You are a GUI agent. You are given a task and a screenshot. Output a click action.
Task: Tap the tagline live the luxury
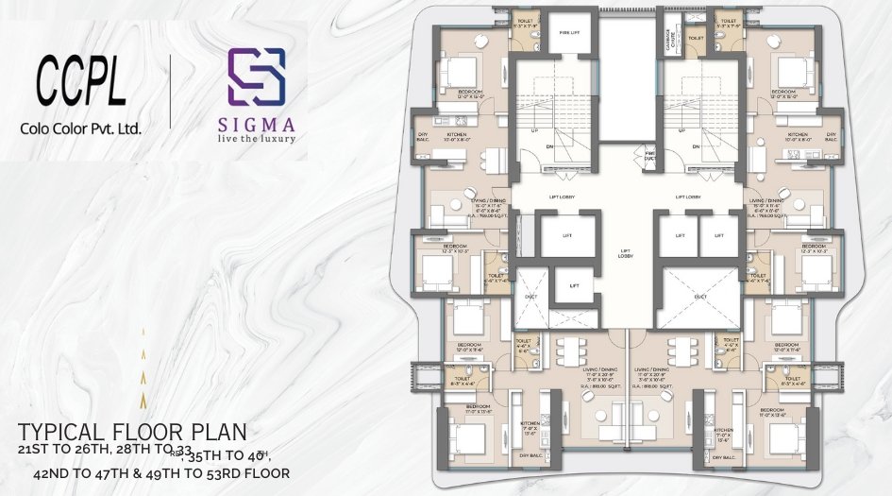pos(256,139)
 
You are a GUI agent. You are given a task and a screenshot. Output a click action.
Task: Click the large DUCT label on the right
pos(700,297)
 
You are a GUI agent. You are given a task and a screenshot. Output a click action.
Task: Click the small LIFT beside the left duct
pos(573,284)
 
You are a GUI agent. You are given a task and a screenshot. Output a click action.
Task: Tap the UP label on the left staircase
pos(536,130)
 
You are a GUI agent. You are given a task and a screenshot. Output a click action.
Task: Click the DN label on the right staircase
pos(696,147)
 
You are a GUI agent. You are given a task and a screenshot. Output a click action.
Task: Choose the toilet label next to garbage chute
pos(696,38)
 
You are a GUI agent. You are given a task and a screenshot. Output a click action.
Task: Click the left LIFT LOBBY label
pos(562,197)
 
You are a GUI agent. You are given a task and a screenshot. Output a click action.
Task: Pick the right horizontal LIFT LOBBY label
pos(688,197)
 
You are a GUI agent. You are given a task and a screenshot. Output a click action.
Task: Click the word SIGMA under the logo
pos(256,124)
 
